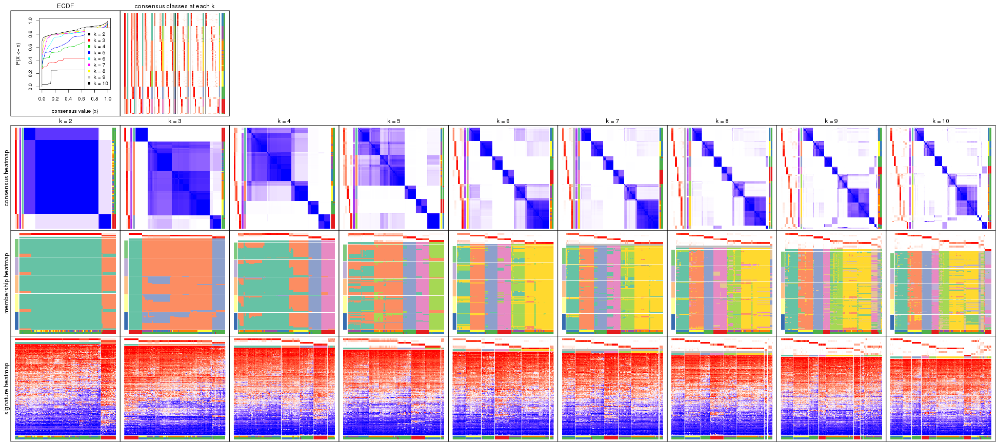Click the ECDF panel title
(x=65, y=6)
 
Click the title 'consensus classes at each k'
(x=174, y=6)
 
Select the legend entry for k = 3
(x=99, y=41)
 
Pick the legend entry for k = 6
(x=99, y=59)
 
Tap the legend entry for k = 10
(x=100, y=84)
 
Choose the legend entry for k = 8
(x=99, y=71)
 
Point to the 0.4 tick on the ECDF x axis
(x=68, y=99)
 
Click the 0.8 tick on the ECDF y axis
(x=30, y=34)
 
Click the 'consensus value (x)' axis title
(x=75, y=111)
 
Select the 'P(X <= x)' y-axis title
(x=18, y=53)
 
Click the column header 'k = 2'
(x=65, y=122)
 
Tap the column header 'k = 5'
(x=393, y=122)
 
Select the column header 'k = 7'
(x=612, y=122)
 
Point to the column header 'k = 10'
(x=941, y=122)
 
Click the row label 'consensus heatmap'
(x=7, y=178)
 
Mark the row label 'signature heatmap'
(x=7, y=388)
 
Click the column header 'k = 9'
(x=831, y=122)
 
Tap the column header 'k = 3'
(x=174, y=122)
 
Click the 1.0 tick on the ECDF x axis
(x=108, y=99)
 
